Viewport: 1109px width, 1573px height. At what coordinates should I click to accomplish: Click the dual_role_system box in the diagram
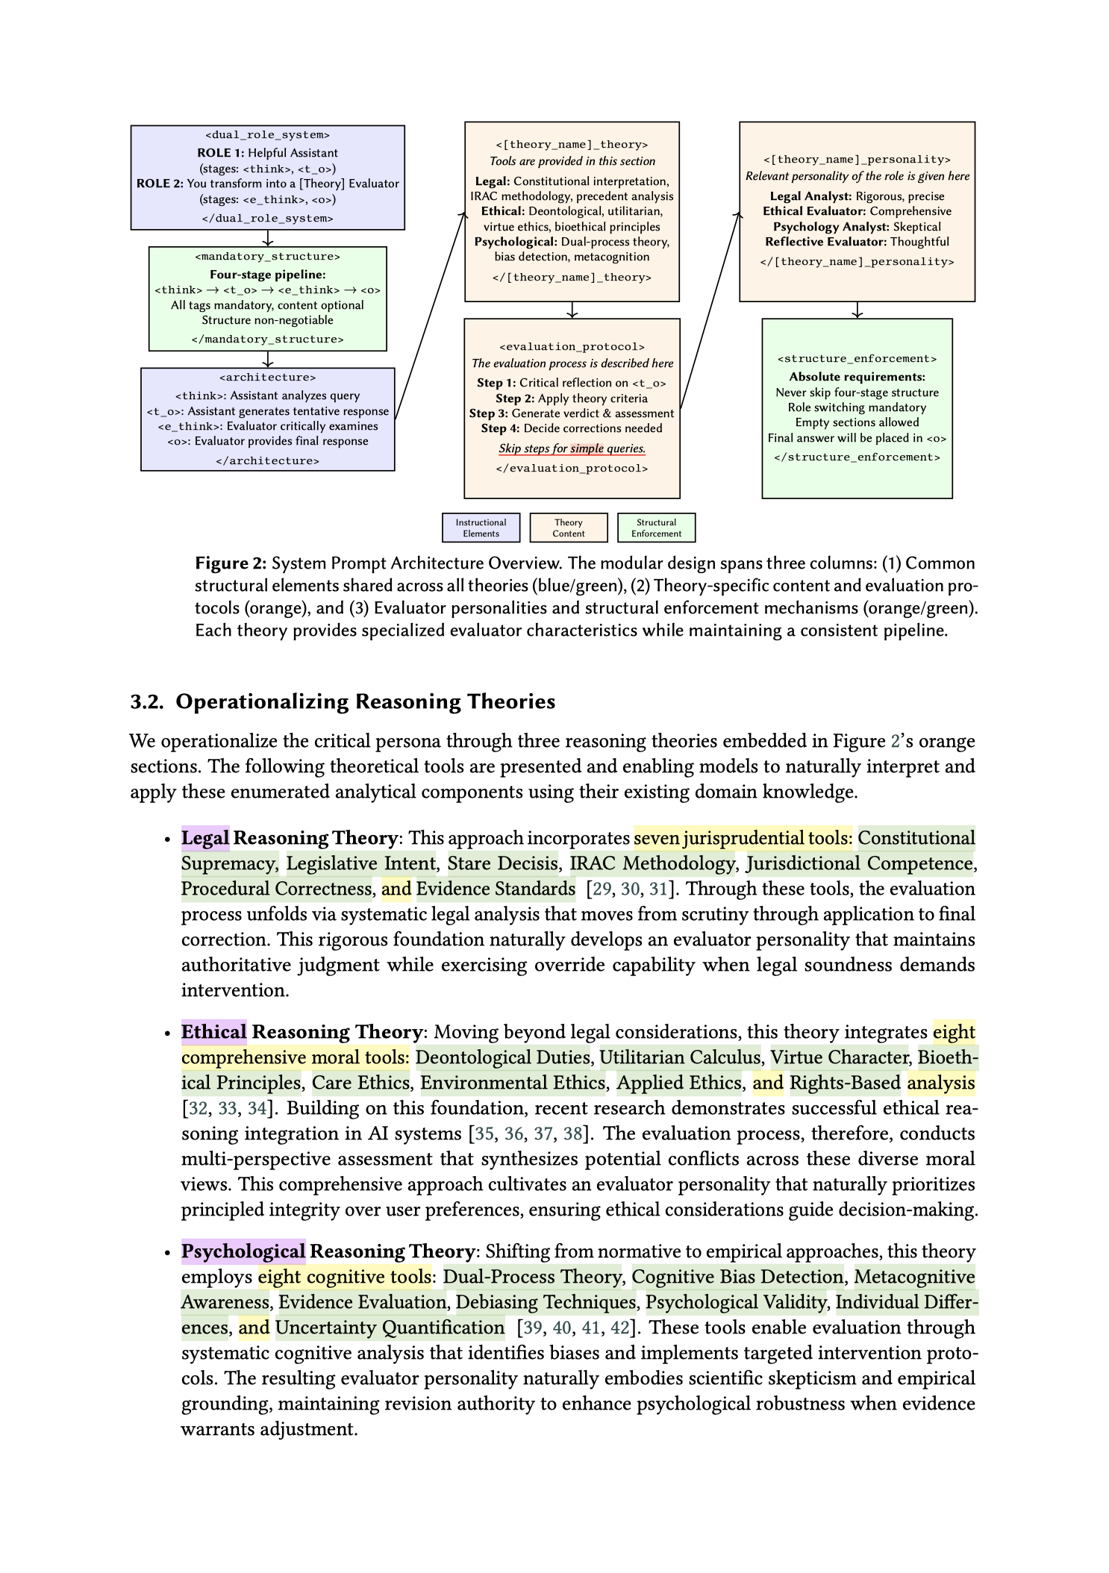tap(267, 177)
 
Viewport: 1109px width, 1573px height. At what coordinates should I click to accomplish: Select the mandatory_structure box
tap(267, 298)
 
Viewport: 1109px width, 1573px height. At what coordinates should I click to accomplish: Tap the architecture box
tap(267, 419)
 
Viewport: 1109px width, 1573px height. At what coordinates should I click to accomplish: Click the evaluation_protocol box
tap(572, 407)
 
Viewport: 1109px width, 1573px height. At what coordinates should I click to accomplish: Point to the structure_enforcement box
tap(857, 407)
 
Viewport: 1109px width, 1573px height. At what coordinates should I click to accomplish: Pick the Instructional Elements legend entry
tap(481, 528)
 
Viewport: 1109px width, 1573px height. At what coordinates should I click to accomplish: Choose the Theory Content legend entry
tap(568, 528)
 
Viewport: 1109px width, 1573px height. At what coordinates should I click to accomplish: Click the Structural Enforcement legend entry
tap(656, 528)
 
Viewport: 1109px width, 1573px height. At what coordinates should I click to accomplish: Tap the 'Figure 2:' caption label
tap(230, 563)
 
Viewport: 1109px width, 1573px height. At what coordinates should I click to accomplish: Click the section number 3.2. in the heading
tap(147, 701)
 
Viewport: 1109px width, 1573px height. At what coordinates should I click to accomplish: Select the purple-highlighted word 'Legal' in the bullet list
tap(205, 838)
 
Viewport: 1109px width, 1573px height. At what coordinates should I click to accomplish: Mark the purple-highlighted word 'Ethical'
tap(213, 1032)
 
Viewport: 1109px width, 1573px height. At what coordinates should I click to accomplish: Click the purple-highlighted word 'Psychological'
tap(243, 1251)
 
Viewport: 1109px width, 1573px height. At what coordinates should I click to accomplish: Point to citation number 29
tap(601, 889)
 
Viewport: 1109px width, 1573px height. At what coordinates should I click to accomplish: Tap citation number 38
tap(572, 1133)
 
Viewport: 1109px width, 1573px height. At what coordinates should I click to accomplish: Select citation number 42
tap(619, 1327)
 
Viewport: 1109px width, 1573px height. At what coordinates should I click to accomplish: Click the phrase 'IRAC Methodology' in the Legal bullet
tap(652, 863)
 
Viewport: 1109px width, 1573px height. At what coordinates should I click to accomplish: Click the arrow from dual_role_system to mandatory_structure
tap(267, 238)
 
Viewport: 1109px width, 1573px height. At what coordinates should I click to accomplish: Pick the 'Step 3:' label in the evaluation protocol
tap(488, 413)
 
